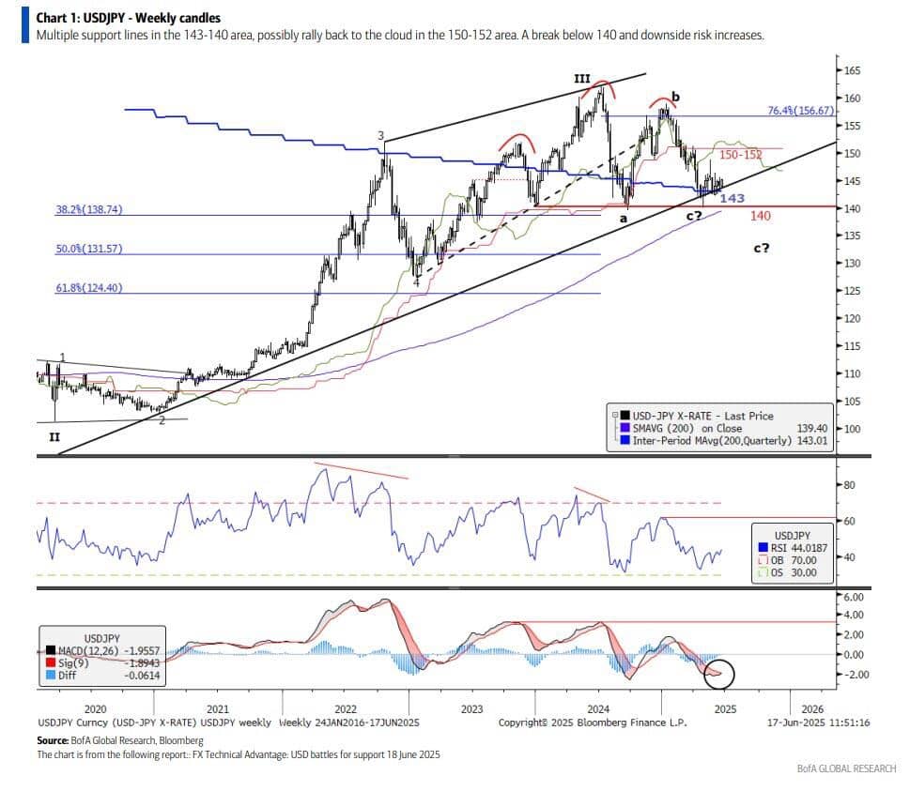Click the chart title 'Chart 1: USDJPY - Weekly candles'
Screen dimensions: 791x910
128,17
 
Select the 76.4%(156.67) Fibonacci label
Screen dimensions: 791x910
800,110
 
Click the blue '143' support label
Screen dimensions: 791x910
732,198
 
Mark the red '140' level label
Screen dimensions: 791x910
761,216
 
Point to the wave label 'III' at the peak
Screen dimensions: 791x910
582,80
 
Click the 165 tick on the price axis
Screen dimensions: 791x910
853,70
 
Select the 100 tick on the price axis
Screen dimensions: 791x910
853,429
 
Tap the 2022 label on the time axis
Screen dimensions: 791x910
345,709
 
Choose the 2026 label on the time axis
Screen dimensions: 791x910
812,709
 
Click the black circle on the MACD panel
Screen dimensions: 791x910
725,671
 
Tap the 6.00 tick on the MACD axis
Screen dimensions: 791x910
854,597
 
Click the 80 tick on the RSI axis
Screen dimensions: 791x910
850,485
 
